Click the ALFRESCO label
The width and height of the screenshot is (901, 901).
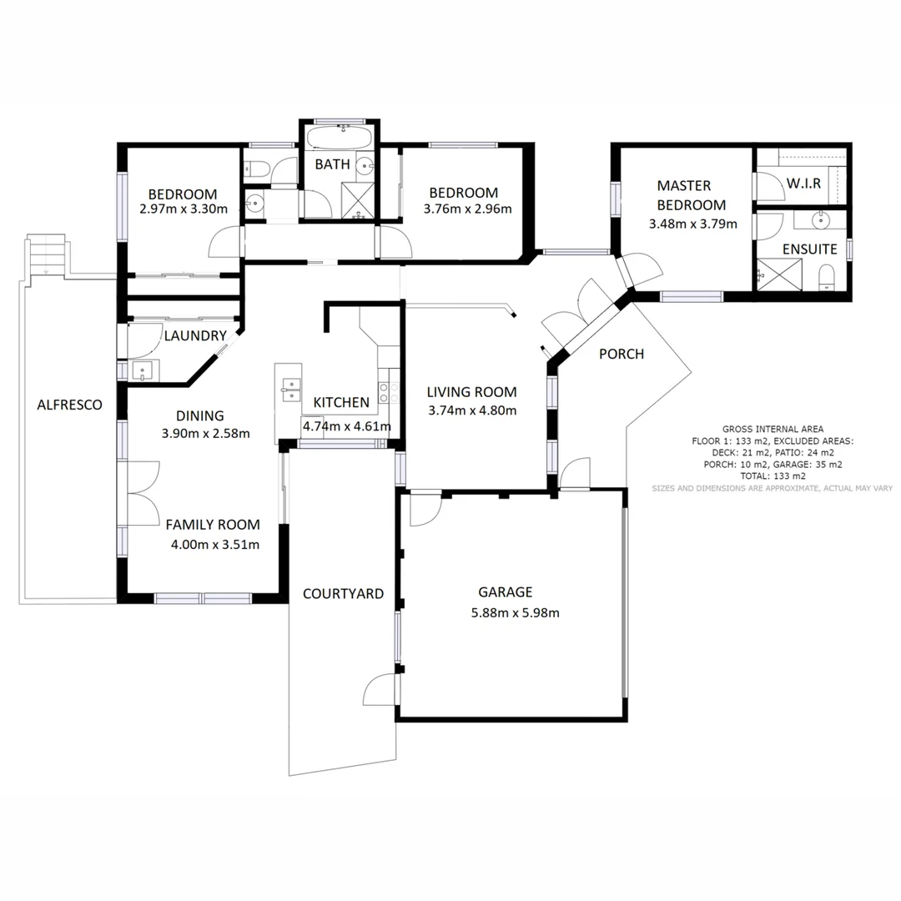coord(69,405)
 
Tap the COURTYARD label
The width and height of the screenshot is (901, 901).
coord(343,594)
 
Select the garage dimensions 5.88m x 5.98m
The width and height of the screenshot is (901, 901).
coord(515,613)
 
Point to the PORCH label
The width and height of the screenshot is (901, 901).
coord(622,354)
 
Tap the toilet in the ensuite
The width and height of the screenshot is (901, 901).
coord(827,277)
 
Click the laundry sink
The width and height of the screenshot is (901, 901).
coord(143,370)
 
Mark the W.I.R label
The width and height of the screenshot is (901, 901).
coord(804,182)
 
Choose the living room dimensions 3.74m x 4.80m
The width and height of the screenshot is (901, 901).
coord(471,410)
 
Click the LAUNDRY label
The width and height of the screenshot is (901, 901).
coord(195,336)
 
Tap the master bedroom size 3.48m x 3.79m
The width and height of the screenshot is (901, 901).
coord(693,224)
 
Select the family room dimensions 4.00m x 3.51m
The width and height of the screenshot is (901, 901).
coord(214,546)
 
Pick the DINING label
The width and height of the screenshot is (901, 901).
coord(199,415)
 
